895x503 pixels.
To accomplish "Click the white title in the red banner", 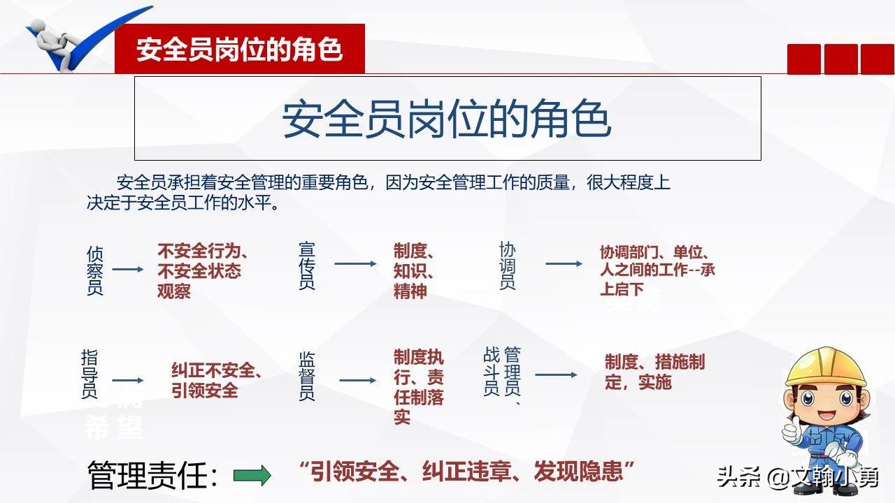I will point(239,50).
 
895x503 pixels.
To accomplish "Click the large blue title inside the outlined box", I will point(447,119).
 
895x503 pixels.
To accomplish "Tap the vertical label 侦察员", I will point(95,270).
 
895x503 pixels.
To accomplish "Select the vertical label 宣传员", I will point(307,265).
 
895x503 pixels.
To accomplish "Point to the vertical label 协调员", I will point(508,265).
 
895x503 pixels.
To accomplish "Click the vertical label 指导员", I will point(89,374).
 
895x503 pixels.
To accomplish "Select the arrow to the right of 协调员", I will point(564,264).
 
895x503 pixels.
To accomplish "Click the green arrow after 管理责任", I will point(252,476).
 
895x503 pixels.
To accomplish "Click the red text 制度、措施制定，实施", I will point(654,372).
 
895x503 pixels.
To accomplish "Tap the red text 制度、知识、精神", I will point(415,271).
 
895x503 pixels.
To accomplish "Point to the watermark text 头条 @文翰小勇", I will point(796,479).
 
